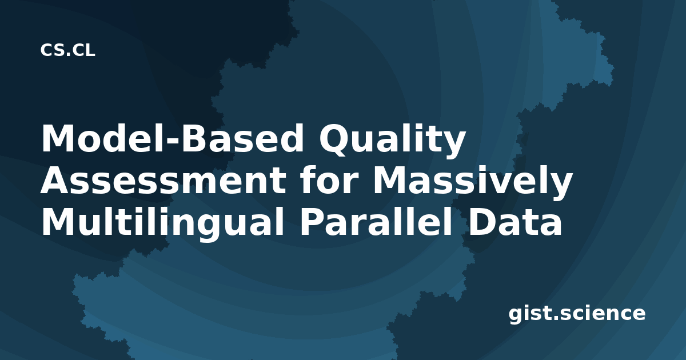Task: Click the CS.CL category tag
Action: (67, 50)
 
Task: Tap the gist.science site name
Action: (577, 314)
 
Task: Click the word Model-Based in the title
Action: (172, 138)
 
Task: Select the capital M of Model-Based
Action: (59, 138)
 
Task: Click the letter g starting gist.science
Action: (516, 315)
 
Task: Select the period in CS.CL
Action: (69, 54)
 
